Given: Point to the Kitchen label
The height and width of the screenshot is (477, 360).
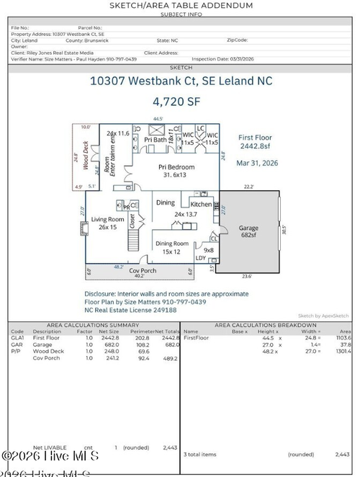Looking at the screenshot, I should point(200,205).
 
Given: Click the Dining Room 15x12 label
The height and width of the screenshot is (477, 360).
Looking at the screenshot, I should point(173,247).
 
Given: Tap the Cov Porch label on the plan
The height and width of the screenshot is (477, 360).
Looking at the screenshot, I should point(143,270).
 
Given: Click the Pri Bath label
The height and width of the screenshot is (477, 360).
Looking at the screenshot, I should point(154,140).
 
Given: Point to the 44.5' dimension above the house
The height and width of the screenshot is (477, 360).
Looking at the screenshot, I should point(158,118).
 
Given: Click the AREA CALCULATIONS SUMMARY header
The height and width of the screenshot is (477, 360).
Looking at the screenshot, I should point(93,325).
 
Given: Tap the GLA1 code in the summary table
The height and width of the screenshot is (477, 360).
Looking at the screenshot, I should point(17,337).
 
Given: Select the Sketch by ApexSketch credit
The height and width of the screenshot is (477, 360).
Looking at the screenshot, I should point(323,316).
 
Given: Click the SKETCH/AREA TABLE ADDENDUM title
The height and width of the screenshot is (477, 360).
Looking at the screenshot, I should point(181,5).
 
